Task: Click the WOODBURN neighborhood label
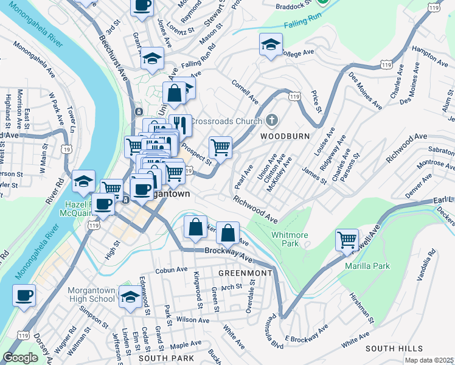(x=285, y=136)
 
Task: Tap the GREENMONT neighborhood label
(x=246, y=273)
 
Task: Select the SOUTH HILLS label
(x=394, y=348)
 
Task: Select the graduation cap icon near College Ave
(x=271, y=44)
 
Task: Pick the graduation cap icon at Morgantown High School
(x=130, y=296)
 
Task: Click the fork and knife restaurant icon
(x=179, y=125)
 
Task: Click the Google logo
(x=20, y=358)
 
